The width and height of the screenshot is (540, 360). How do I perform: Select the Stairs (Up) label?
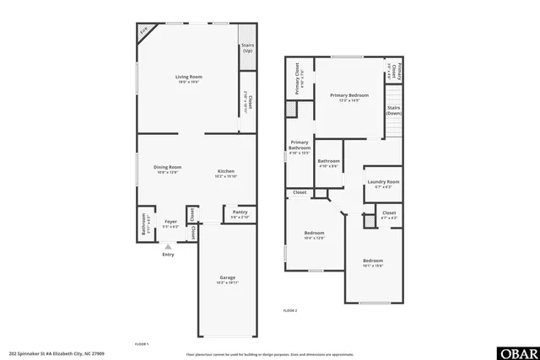click(247, 49)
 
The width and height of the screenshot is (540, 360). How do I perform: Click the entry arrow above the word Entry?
click(168, 246)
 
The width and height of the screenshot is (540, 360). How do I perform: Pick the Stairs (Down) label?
click(393, 110)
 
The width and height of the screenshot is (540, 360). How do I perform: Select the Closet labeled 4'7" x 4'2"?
click(389, 214)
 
